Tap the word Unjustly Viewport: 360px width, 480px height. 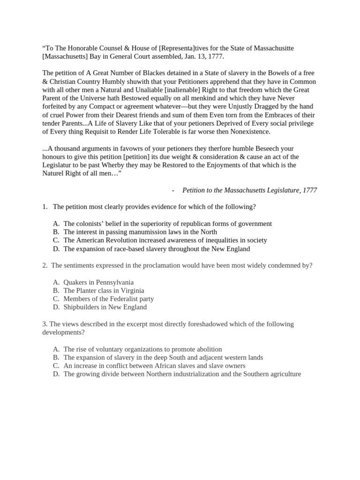pos(247,107)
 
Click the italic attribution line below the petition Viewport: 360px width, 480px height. pos(249,190)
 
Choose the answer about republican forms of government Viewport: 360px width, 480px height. pos(167,224)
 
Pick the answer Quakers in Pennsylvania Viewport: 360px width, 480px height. pos(98,282)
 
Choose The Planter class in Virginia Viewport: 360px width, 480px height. pos(104,291)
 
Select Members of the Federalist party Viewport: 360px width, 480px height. pos(108,299)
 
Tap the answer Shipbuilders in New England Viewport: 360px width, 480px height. pos(105,307)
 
